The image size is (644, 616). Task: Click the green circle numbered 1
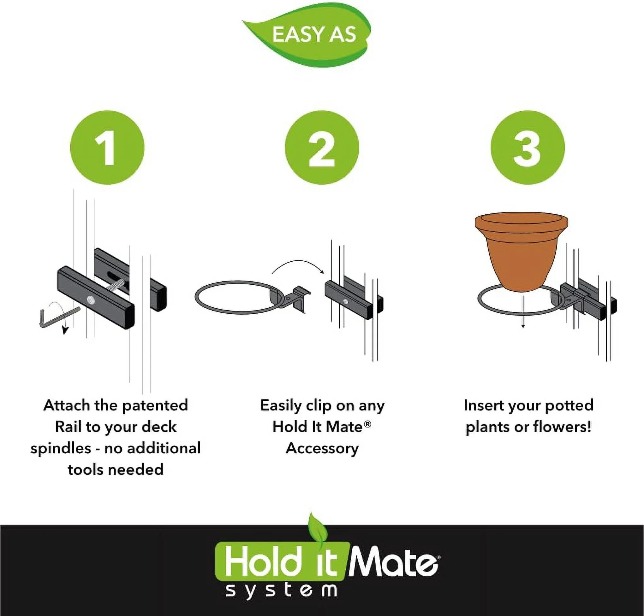coord(107,147)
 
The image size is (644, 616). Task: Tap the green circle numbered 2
coord(322,147)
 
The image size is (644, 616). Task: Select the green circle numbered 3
coord(528,147)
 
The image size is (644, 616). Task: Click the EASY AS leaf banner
coord(307,34)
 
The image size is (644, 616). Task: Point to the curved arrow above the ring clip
coord(297,263)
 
